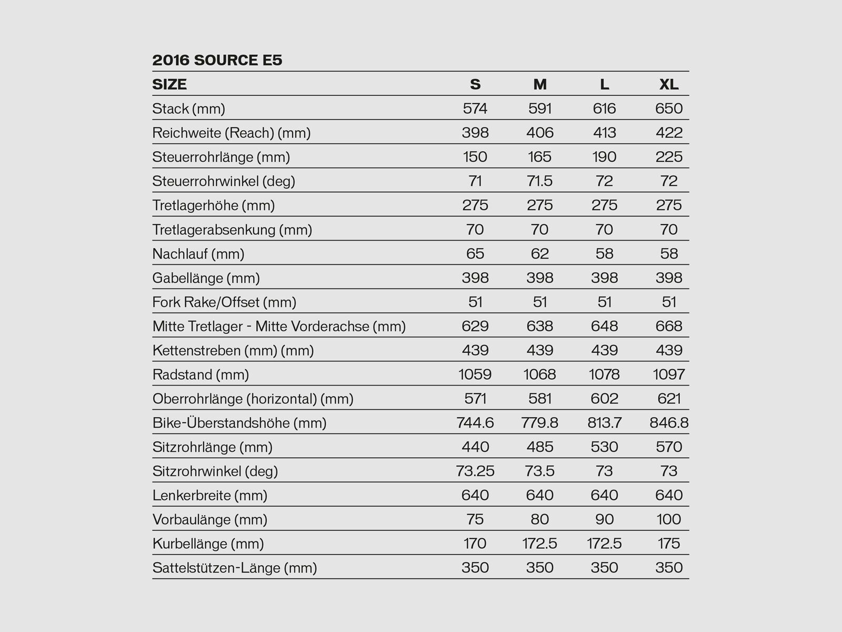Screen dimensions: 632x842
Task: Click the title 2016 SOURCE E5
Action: tap(217, 60)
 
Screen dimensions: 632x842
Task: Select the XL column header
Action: tap(669, 84)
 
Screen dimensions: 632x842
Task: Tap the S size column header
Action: tap(475, 84)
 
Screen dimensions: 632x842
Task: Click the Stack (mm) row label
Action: tap(188, 108)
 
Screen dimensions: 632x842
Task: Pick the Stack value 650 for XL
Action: tap(669, 108)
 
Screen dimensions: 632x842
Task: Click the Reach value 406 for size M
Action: tap(540, 133)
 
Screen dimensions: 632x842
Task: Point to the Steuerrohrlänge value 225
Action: tap(669, 157)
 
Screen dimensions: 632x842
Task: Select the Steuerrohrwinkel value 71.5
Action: tap(540, 181)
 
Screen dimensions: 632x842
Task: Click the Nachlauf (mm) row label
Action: tap(198, 254)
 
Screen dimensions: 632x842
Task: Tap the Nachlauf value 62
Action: tap(540, 254)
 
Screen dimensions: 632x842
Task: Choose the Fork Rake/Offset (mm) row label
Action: tap(224, 302)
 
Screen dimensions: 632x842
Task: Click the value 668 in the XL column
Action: tap(669, 326)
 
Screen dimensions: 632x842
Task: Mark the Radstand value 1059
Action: tap(475, 374)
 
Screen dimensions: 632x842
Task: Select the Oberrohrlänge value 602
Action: tap(604, 399)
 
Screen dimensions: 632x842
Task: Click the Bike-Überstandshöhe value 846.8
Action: tap(669, 423)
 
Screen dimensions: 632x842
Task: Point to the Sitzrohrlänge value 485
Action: tap(540, 447)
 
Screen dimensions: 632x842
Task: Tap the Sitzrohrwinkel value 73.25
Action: tap(475, 471)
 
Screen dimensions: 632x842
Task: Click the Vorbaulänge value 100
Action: tap(669, 519)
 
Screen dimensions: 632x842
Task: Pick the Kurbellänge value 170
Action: tap(475, 544)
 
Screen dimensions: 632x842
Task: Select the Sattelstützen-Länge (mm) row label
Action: tap(235, 568)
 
